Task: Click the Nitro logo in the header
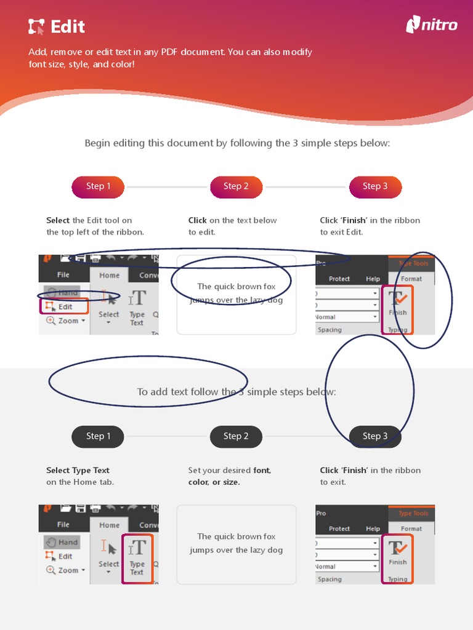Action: [432, 25]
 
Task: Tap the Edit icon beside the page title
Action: [36, 26]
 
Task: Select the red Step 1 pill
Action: [98, 186]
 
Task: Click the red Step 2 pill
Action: [236, 186]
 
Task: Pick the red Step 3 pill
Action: [375, 186]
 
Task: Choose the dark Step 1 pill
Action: [98, 436]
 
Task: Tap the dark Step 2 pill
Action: [236, 436]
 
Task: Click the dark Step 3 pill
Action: [375, 436]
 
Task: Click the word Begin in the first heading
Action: [98, 143]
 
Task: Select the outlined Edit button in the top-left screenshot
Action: [65, 306]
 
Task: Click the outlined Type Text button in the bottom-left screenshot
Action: [137, 558]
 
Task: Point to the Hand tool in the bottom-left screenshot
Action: [62, 542]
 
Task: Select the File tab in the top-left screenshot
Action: [63, 275]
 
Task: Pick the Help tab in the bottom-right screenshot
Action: [373, 528]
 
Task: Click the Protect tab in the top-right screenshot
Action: [339, 279]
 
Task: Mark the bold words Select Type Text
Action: [78, 471]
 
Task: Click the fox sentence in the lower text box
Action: [236, 543]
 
